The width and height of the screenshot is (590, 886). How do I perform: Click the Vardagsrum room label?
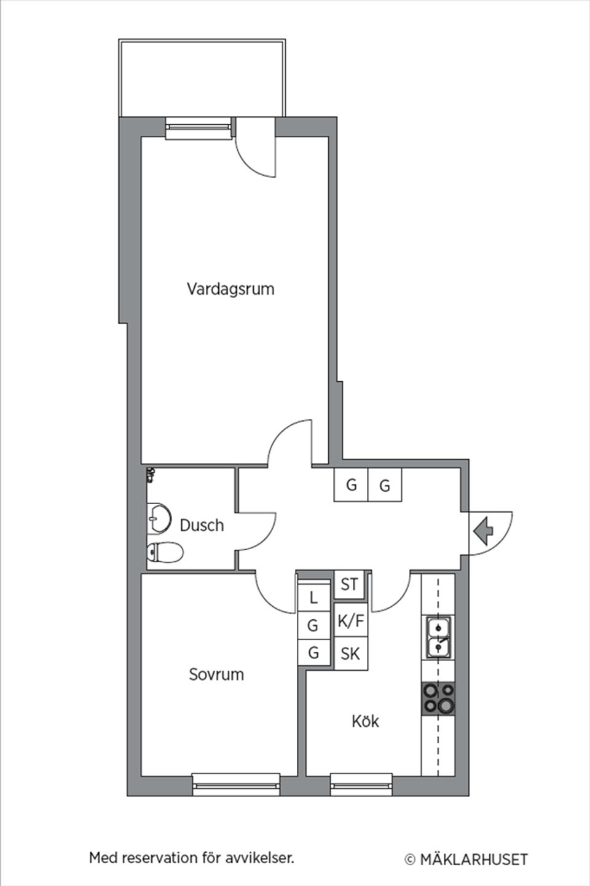point(230,288)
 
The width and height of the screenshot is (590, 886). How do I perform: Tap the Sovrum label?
point(216,674)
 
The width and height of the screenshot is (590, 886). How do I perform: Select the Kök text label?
point(365,721)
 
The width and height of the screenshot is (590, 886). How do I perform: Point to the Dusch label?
point(202,526)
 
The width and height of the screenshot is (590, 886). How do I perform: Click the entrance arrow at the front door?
point(485,531)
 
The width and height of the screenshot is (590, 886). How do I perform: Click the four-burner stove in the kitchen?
point(438,698)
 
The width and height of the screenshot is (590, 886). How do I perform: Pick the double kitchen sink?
point(438,638)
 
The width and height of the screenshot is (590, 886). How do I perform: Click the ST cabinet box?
point(350,584)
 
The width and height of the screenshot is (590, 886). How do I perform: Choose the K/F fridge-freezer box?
point(351,621)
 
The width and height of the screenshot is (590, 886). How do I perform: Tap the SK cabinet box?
point(350,653)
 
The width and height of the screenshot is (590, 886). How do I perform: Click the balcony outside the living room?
point(202,78)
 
